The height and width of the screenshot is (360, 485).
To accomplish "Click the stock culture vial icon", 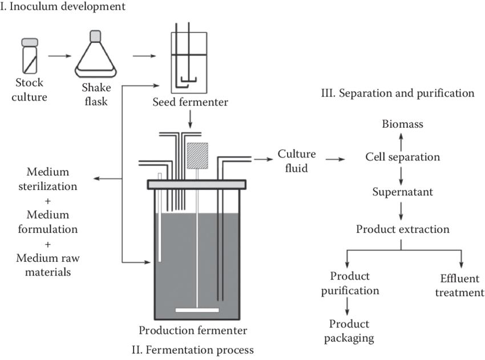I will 30,56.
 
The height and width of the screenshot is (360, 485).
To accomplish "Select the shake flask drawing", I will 96,55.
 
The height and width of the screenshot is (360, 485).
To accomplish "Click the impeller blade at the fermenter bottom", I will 197,310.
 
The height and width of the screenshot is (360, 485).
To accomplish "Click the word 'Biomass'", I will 403,124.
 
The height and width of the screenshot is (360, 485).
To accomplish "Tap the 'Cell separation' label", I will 402,157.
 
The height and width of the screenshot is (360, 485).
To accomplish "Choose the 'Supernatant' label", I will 402,192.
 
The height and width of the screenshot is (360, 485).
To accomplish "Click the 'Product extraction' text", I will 403,229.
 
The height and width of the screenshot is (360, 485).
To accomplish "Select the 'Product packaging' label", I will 349,331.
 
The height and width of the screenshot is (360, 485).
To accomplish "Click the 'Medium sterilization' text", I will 55,179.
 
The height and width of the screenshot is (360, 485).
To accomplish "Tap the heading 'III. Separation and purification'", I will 398,93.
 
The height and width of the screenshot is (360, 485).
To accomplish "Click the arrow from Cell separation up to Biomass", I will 401,140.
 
